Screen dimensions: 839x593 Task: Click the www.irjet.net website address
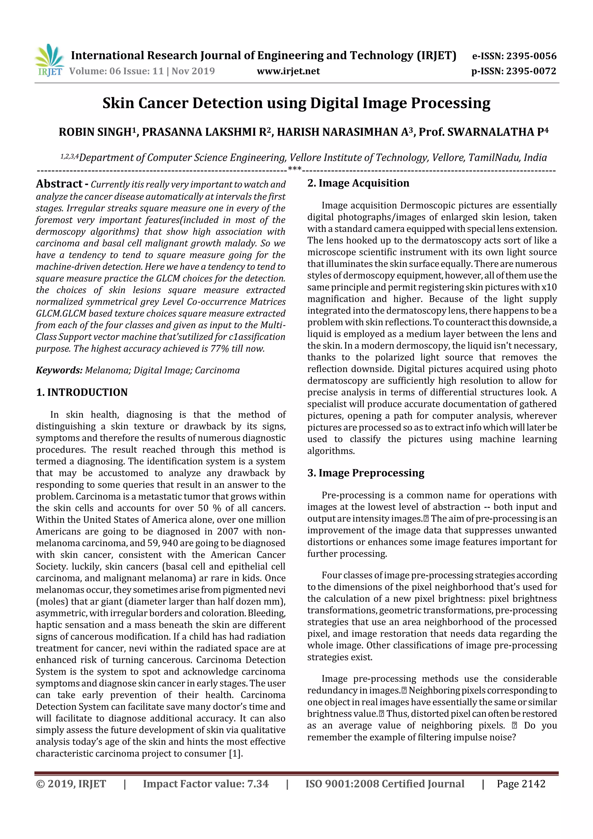[x=288, y=71]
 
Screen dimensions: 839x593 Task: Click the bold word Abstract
[x=59, y=184]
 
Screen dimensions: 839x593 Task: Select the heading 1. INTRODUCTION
[x=82, y=392]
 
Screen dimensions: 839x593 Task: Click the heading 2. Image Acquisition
[x=358, y=183]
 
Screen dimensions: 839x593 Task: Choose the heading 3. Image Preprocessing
[x=366, y=473]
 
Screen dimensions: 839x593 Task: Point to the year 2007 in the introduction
[x=228, y=531]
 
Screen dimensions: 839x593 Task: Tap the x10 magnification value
[x=549, y=287]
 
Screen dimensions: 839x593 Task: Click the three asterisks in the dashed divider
[x=294, y=169]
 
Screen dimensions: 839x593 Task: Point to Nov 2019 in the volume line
[x=193, y=71]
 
